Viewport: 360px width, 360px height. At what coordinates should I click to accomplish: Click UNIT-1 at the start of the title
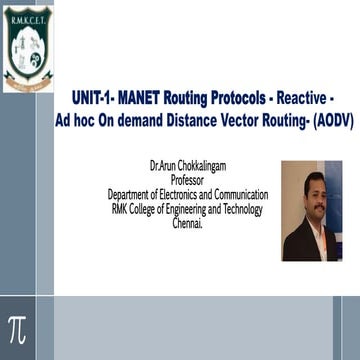93,98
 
